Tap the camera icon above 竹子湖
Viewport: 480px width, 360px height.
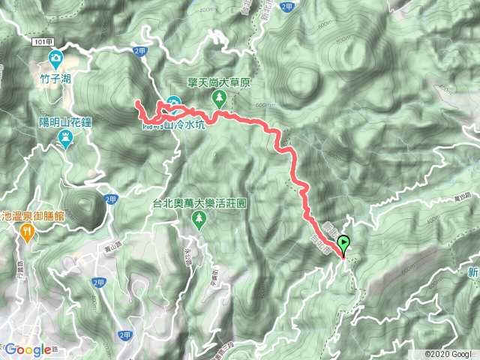pyautogui.click(x=55, y=58)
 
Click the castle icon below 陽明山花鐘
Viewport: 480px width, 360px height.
pyautogui.click(x=65, y=138)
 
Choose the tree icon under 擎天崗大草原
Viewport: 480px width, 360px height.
pyautogui.click(x=220, y=97)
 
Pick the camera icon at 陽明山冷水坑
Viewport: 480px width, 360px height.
pyautogui.click(x=175, y=103)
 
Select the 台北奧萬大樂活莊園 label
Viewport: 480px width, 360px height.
pyautogui.click(x=199, y=203)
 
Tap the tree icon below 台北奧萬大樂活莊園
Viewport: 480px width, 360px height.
pyautogui.click(x=199, y=218)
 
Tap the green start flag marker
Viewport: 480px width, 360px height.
pyautogui.click(x=344, y=243)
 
